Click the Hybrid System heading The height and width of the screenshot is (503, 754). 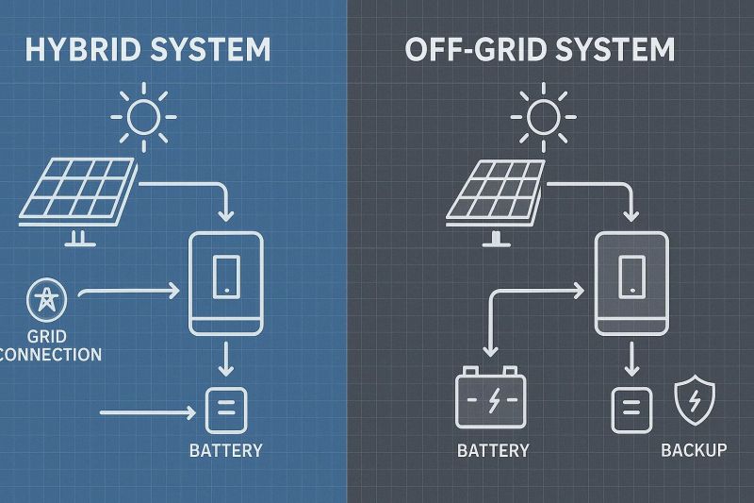point(147,49)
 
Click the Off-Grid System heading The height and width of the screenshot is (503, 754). point(540,49)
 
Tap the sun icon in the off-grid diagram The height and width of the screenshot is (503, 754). point(542,117)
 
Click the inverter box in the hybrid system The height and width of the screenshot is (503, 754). point(226,283)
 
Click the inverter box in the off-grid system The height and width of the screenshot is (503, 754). point(631,283)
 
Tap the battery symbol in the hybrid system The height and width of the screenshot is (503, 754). point(226,408)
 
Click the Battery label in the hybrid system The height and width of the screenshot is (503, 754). point(226,450)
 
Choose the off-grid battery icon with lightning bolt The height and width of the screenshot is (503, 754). point(492,397)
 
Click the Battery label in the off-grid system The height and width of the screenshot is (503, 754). point(493,450)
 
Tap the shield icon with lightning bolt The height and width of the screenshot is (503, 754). point(697,402)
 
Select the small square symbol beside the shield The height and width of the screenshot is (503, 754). point(631,408)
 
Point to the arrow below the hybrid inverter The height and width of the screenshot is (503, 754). point(226,360)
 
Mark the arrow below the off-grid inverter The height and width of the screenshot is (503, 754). point(631,360)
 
